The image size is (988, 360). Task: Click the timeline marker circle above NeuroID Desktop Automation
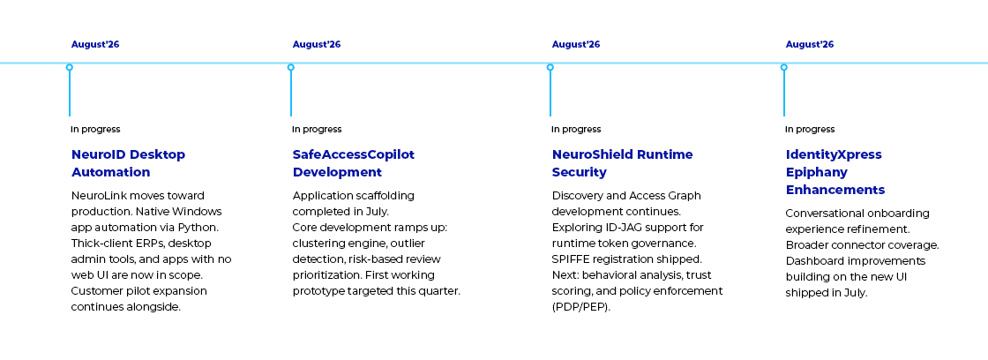(x=70, y=67)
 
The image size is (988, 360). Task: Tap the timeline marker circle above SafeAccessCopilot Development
(x=290, y=67)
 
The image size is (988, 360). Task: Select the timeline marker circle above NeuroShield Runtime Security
(x=550, y=67)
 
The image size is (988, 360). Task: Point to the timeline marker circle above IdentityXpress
(x=784, y=67)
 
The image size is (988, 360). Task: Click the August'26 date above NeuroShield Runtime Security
(x=576, y=44)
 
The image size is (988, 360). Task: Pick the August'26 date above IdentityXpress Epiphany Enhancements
(x=810, y=44)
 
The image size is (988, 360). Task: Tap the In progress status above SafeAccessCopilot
(x=317, y=129)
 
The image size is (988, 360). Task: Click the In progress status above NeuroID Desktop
(x=95, y=129)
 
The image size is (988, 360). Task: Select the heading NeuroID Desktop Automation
(x=128, y=163)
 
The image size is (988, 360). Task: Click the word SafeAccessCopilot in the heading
(x=354, y=154)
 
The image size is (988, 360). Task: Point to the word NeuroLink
(x=97, y=196)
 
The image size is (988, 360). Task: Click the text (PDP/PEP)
(x=581, y=307)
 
